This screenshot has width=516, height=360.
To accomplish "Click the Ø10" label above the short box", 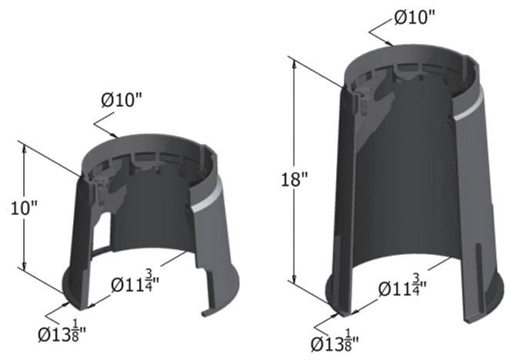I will [125, 100].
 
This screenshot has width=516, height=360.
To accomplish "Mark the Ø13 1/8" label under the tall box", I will [336, 341].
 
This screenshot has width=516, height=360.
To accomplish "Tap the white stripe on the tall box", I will [468, 109].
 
